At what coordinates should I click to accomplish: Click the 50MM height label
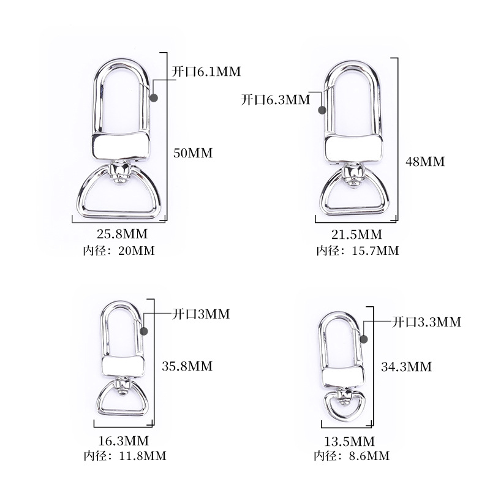coord(193,153)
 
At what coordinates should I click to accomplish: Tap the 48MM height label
coord(425,162)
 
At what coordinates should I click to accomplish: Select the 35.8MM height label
coord(187,366)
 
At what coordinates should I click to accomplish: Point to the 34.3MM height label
coord(406,366)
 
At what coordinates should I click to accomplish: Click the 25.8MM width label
coord(122,234)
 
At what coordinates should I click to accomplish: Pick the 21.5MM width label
coord(356,235)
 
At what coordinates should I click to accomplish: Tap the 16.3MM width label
coord(124,440)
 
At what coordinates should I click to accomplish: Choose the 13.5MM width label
coord(349,441)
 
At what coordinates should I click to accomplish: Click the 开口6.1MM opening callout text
coord(206,72)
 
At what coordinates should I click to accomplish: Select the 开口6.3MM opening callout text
coord(276,100)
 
